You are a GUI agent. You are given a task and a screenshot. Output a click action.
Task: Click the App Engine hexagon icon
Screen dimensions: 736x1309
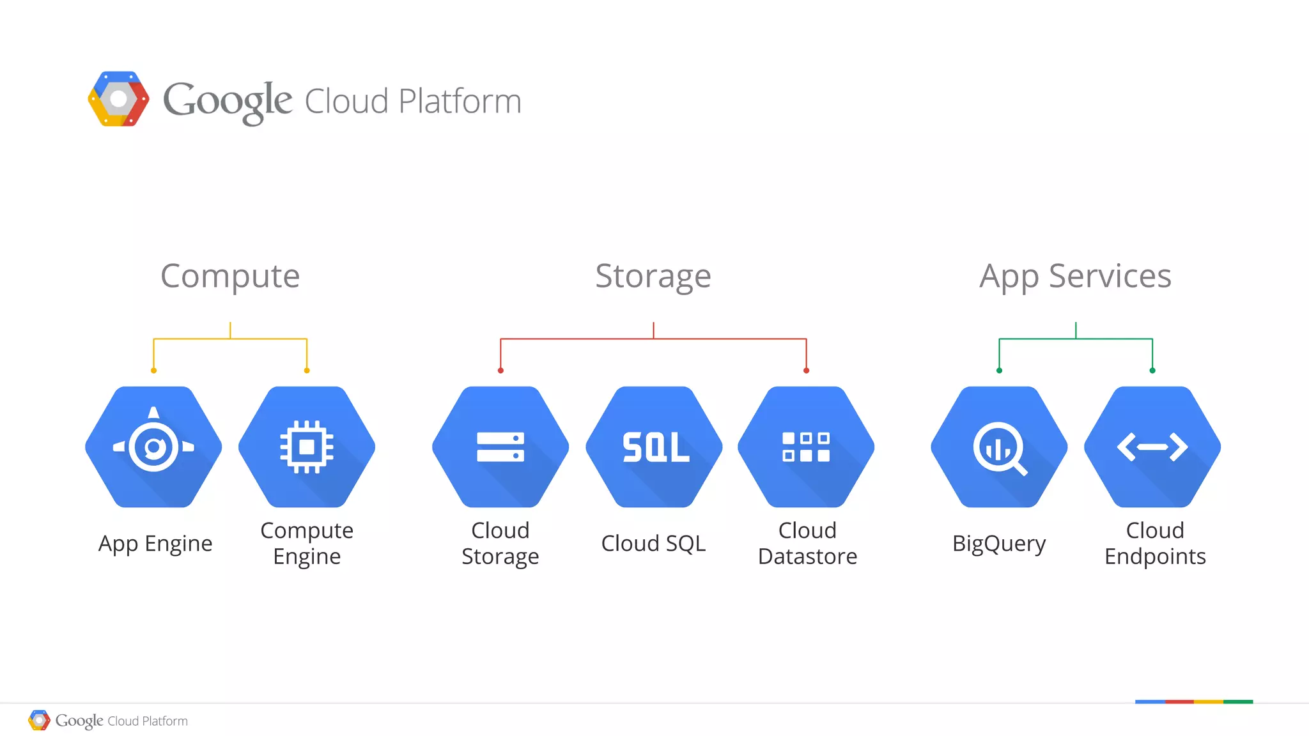pos(153,447)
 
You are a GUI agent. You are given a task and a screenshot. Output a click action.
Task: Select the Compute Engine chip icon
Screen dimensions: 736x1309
pos(307,447)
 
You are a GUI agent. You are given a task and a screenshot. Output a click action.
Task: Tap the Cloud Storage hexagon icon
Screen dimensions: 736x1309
pos(500,447)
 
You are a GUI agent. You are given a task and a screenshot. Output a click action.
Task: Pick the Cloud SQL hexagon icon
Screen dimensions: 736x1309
pos(654,447)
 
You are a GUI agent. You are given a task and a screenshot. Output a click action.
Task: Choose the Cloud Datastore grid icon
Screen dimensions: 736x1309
pos(806,447)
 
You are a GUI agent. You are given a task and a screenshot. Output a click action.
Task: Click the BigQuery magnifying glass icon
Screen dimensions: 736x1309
pos(999,447)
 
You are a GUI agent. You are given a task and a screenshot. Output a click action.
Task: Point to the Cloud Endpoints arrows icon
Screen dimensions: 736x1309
pos(1152,447)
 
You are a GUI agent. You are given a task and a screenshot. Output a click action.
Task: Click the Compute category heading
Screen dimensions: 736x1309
pos(230,276)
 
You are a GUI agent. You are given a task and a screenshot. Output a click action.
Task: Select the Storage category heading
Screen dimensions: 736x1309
pos(653,276)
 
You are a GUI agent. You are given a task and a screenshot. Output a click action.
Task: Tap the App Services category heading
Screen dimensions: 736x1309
pos(1076,276)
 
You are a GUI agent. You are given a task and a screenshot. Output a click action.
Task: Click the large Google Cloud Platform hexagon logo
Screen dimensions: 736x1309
pos(118,99)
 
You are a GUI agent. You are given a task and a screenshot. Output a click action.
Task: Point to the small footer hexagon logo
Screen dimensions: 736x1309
pos(39,720)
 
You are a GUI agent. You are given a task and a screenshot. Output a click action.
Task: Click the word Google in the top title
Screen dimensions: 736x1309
pos(228,101)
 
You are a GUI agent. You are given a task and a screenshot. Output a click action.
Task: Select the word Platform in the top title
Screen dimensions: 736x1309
pos(460,101)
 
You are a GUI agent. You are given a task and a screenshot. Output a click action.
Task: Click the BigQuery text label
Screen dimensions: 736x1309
pos(999,544)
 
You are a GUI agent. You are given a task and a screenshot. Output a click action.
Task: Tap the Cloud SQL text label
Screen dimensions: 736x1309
pos(653,544)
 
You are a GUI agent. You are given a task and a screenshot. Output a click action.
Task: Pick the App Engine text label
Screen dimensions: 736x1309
pos(155,544)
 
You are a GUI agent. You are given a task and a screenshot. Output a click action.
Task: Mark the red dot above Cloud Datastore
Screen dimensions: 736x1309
pos(806,371)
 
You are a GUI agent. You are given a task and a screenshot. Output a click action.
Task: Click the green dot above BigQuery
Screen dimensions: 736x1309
pos(999,371)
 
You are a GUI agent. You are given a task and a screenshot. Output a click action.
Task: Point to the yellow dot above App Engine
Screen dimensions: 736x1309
pos(153,371)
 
